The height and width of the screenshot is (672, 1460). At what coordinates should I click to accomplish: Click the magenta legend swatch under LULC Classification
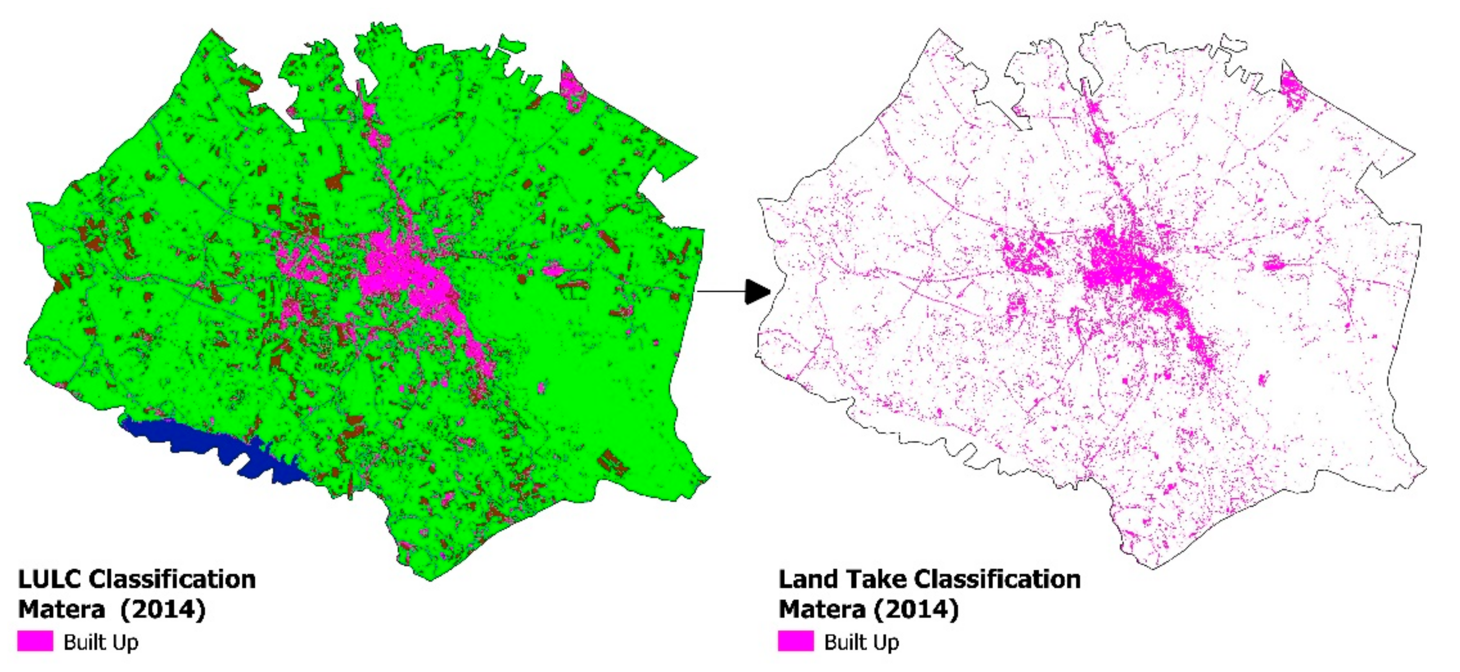pyautogui.click(x=35, y=641)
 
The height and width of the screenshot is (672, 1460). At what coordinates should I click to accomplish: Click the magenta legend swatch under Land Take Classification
pyautogui.click(x=796, y=641)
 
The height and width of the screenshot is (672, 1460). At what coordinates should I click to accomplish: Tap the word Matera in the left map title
pyautogui.click(x=61, y=610)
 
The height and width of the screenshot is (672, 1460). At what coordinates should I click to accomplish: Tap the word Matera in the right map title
pyautogui.click(x=822, y=610)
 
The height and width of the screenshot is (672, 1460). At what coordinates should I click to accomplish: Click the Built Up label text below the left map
pyautogui.click(x=101, y=643)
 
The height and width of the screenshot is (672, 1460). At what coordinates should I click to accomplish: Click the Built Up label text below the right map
pyautogui.click(x=862, y=643)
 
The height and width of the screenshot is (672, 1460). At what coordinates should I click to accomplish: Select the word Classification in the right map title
pyautogui.click(x=997, y=580)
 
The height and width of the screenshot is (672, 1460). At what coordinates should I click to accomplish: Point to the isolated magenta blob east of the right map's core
pyautogui.click(x=1273, y=264)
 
